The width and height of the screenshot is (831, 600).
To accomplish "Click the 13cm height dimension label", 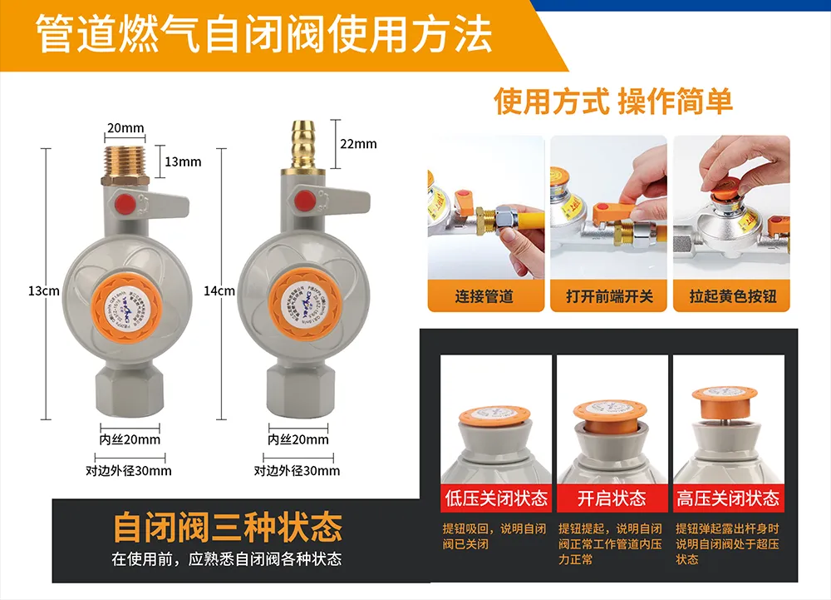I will click(x=43, y=290).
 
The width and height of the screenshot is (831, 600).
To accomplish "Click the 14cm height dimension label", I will click(x=219, y=290).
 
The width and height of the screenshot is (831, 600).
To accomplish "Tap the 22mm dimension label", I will click(x=358, y=144).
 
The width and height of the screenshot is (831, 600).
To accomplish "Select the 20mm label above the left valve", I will click(x=125, y=128).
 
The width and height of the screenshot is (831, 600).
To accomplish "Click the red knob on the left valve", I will click(x=123, y=203).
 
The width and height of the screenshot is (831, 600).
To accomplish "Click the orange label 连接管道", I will click(x=484, y=295).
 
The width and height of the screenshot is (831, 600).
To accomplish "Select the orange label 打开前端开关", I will click(x=609, y=295).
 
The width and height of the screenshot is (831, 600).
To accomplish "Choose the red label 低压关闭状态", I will click(x=497, y=498).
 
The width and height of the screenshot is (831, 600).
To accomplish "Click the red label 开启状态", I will click(x=612, y=498).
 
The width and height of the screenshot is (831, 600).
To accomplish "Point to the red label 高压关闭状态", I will click(x=729, y=498).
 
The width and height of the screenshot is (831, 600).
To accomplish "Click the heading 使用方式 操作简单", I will click(x=613, y=102).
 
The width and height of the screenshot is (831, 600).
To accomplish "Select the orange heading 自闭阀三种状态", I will click(x=227, y=527).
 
